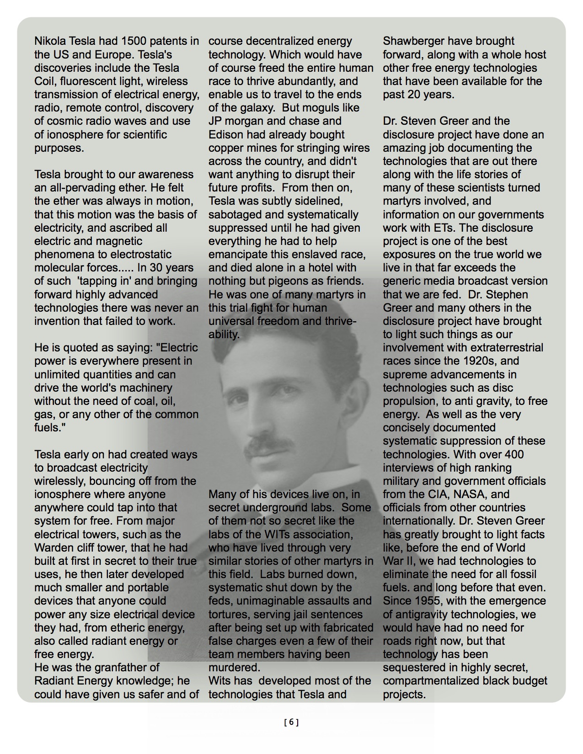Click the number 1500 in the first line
pyautogui.click(x=135, y=41)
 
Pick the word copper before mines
pyautogui.click(x=226, y=148)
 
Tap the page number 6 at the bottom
pyautogui.click(x=291, y=722)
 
